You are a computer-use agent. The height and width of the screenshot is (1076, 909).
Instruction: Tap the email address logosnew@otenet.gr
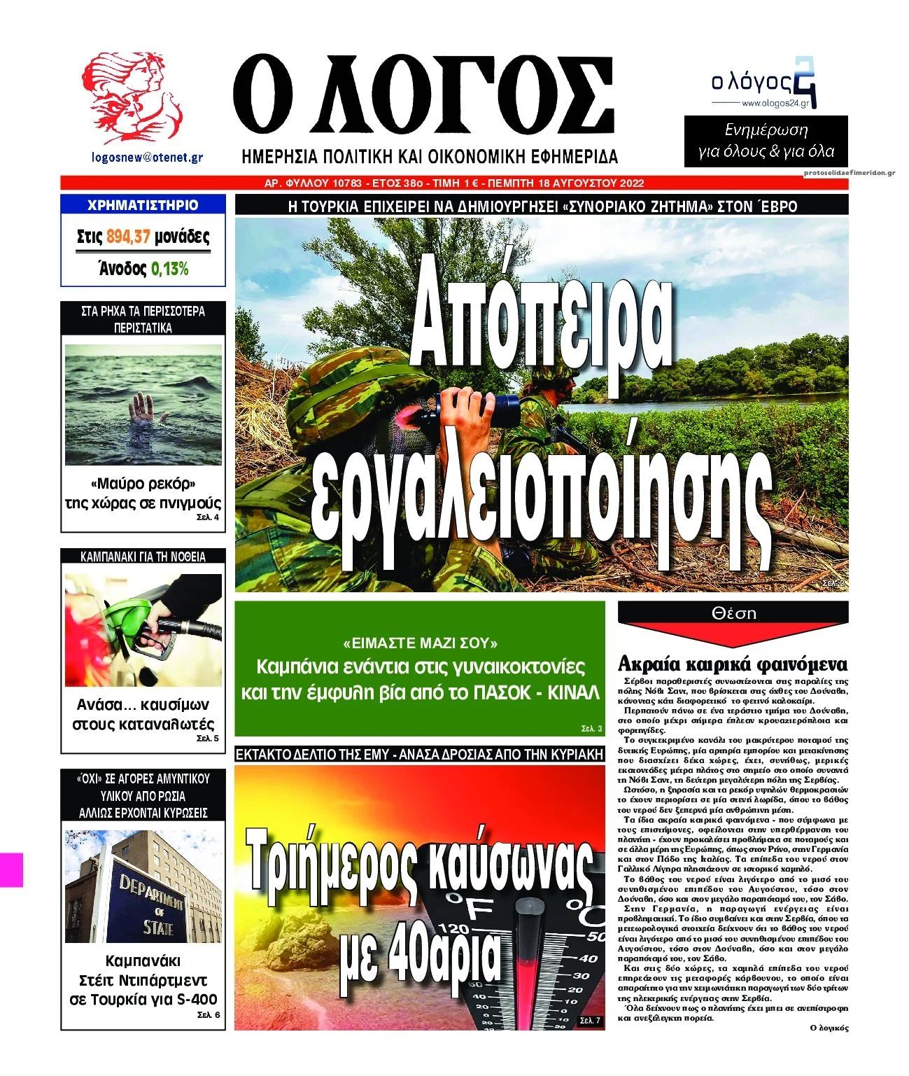pyautogui.click(x=148, y=158)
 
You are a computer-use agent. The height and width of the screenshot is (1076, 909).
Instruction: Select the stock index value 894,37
pyautogui.click(x=129, y=237)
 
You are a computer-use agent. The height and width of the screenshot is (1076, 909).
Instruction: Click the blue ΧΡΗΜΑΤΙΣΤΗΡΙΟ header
pyautogui.click(x=143, y=205)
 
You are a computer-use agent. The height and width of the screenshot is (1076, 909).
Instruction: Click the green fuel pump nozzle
pyautogui.click(x=133, y=620)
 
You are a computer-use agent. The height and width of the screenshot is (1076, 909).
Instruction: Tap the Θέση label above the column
pyautogui.click(x=733, y=613)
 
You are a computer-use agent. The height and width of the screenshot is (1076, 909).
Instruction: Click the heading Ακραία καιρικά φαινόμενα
pyautogui.click(x=733, y=664)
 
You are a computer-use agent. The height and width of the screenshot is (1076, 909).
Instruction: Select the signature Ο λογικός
pyautogui.click(x=828, y=1028)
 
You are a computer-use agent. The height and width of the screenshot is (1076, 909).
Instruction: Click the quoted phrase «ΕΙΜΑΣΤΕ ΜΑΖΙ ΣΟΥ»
pyautogui.click(x=421, y=642)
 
